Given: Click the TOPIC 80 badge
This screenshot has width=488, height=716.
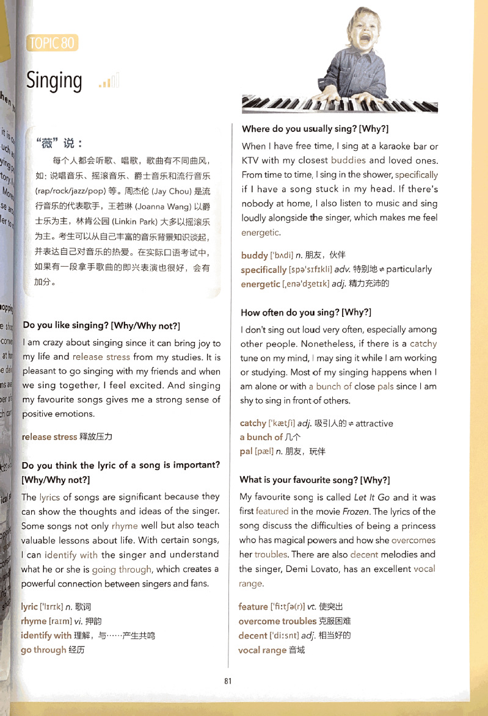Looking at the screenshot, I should click(x=53, y=43).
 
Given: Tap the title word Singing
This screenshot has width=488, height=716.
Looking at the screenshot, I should click(x=54, y=81).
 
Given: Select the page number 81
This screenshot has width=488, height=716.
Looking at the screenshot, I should click(x=228, y=681).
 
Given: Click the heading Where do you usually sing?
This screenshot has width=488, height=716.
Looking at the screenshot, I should click(x=315, y=129).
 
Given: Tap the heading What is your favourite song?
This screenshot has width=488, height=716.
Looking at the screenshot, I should click(x=315, y=480).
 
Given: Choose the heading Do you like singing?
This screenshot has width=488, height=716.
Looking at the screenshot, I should click(x=101, y=325).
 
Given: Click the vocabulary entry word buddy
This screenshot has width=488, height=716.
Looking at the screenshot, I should click(x=255, y=255).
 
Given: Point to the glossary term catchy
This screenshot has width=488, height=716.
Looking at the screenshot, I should click(x=253, y=423).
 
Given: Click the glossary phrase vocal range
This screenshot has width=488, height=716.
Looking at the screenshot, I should click(x=262, y=650).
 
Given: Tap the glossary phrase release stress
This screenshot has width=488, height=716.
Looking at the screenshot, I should click(x=49, y=437).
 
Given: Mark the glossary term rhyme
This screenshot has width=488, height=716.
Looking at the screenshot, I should click(x=34, y=621).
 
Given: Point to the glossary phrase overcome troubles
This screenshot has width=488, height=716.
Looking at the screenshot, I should click(x=277, y=621).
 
